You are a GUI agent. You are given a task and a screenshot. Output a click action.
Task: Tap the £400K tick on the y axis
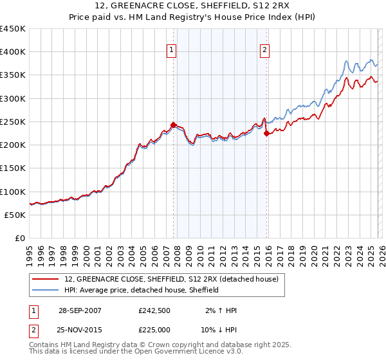[x=13, y=52]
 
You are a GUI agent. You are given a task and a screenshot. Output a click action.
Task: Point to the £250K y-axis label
[x=13, y=122]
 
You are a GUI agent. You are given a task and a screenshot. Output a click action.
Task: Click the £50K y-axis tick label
[x=15, y=215]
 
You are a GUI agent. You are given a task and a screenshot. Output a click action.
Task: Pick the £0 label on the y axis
[x=21, y=238]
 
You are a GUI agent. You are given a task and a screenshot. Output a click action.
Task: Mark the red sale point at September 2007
[x=174, y=125]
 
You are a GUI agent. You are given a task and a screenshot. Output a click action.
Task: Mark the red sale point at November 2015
[x=267, y=133]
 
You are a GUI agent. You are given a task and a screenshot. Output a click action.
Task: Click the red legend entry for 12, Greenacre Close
[x=171, y=279]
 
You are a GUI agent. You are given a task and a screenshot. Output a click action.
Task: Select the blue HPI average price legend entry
[x=142, y=290]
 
